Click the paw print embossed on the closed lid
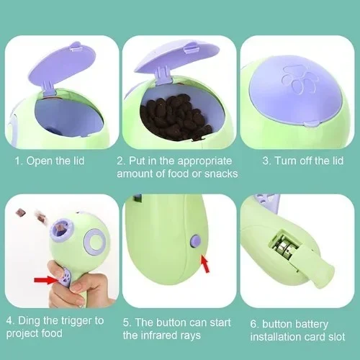299,79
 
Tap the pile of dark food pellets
176,117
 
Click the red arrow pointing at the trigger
45,280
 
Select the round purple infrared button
196,241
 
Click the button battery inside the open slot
285,246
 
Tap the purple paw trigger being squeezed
66,279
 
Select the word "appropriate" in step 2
204,161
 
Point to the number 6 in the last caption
253,324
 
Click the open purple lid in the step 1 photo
63,65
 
